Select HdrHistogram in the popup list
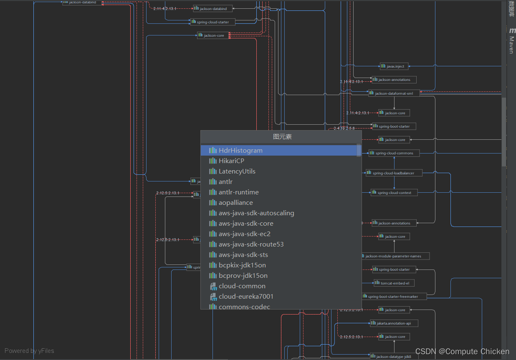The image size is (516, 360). pos(240,151)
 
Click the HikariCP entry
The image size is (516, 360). pos(231,161)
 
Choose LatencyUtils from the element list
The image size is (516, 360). pos(237,171)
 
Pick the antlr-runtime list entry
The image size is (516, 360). pos(238,192)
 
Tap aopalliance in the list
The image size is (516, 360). pos(235,203)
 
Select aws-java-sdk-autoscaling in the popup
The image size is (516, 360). pos(256,213)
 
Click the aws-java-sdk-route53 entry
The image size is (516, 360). pos(251,244)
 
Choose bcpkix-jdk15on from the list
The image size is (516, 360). pos(242,265)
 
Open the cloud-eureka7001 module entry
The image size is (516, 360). pos(246,297)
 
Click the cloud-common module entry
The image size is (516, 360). pos(242,286)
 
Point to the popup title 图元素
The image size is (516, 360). pos(282,137)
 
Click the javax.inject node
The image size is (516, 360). pos(394,66)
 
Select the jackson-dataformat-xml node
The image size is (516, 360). pos(394,93)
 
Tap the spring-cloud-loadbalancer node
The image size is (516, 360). pos(394,173)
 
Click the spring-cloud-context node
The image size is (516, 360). pos(394,193)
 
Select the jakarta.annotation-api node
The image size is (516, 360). pos(394,323)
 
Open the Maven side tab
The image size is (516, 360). pos(511,42)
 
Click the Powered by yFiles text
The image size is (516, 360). pos(29,351)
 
